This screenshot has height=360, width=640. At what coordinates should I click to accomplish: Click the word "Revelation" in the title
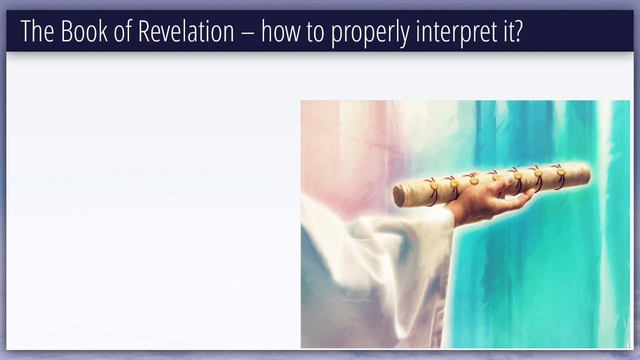[x=186, y=31]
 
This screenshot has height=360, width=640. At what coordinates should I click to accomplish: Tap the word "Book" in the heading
[x=84, y=31]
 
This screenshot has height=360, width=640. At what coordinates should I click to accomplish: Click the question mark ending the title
[x=517, y=31]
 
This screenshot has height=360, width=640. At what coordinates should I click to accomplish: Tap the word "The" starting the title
[x=37, y=31]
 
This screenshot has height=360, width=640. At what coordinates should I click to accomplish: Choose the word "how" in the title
[x=280, y=31]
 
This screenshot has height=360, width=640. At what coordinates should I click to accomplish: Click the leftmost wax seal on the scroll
[x=434, y=186]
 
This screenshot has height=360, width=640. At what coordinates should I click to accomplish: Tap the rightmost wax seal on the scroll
[x=561, y=171]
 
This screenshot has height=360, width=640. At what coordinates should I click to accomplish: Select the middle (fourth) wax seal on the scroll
[x=496, y=177]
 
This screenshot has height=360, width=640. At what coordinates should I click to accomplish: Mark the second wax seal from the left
[x=454, y=183]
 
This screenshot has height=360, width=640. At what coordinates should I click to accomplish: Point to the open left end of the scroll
[x=398, y=196]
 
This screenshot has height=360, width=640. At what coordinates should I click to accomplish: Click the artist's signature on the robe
[x=358, y=300]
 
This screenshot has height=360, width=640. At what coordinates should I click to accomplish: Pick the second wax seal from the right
[x=538, y=173]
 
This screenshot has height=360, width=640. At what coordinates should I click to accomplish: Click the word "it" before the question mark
[x=505, y=31]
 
